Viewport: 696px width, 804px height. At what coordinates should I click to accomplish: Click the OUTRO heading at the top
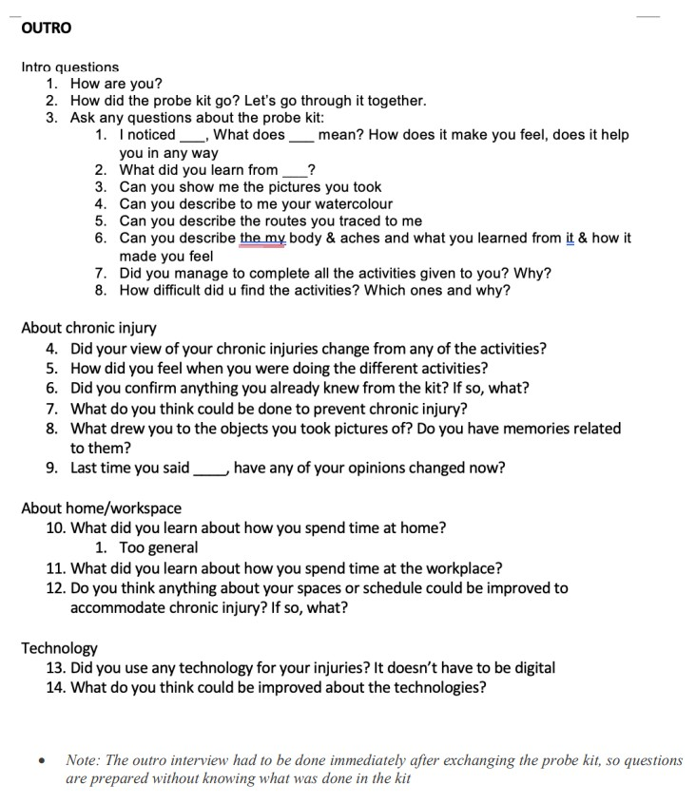click(x=46, y=28)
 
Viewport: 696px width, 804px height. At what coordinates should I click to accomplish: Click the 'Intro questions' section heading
click(x=70, y=67)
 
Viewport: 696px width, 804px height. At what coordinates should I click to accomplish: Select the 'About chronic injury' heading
click(x=88, y=328)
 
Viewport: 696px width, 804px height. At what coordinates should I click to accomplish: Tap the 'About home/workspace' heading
click(x=101, y=507)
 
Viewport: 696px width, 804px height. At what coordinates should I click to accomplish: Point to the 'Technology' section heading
click(x=59, y=648)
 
